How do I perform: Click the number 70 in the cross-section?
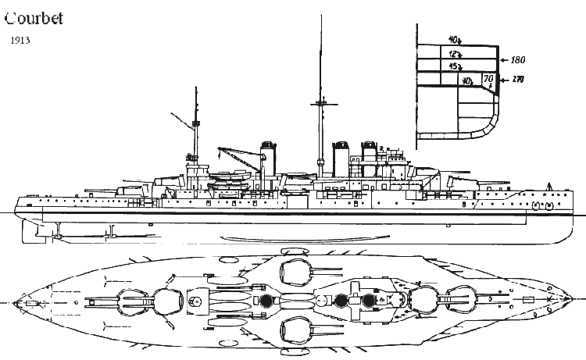(x=488, y=79)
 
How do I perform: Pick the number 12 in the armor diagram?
(x=455, y=54)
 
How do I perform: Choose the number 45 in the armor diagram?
(x=455, y=66)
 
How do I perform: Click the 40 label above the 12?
(x=455, y=40)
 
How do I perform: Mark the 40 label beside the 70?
(x=466, y=80)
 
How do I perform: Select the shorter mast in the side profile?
(x=195, y=125)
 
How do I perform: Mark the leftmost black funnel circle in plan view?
(x=267, y=300)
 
